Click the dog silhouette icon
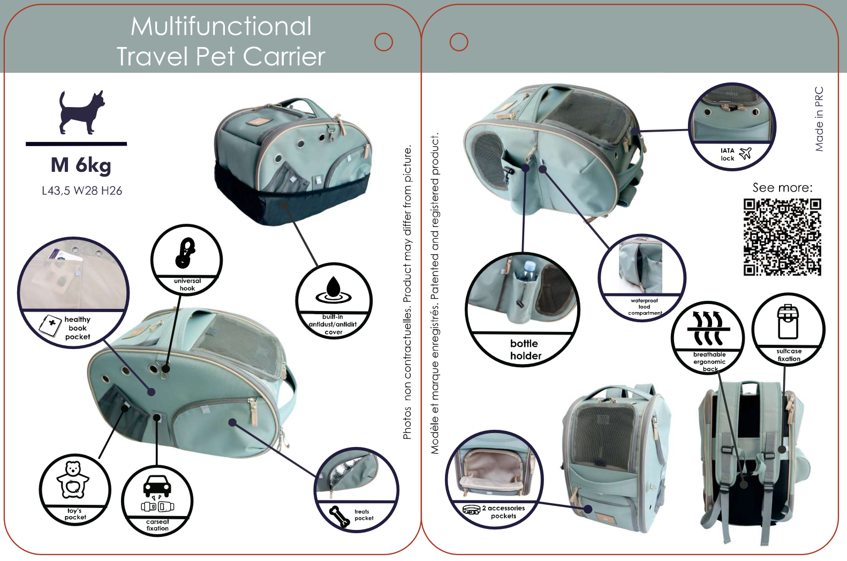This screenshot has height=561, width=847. click(x=81, y=112)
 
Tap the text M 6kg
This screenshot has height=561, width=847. click(x=81, y=165)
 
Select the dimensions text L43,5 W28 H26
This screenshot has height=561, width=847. click(x=82, y=191)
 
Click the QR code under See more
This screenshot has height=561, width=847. click(x=782, y=237)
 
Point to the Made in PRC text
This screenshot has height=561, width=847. click(x=819, y=119)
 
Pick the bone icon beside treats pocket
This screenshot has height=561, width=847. click(x=339, y=516)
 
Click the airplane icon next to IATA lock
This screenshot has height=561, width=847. click(x=746, y=154)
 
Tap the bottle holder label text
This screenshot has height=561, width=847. click(x=525, y=350)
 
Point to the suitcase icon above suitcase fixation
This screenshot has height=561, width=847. click(x=788, y=322)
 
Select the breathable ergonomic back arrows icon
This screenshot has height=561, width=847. click(x=708, y=328)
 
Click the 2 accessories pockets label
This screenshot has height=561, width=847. click(x=503, y=512)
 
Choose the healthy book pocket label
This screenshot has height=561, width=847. click(x=78, y=328)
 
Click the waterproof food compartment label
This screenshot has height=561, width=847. click(x=645, y=307)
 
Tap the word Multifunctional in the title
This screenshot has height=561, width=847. click(x=221, y=26)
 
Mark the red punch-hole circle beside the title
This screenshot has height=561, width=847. click(x=383, y=42)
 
